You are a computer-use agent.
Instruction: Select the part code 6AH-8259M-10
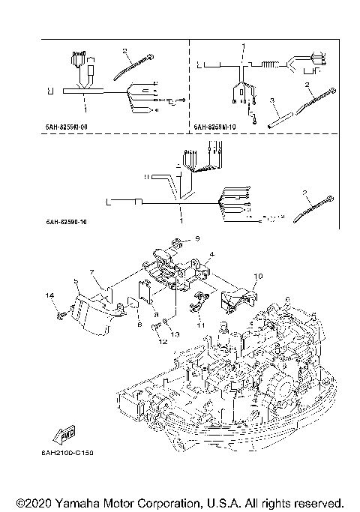[x=216, y=127]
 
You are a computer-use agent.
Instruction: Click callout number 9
[x=198, y=238]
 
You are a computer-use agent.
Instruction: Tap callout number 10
[x=258, y=277]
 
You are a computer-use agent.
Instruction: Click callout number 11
[x=201, y=326]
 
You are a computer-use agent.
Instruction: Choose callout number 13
[x=178, y=335]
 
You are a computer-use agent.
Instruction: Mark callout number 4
[x=212, y=255]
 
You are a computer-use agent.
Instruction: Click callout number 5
[x=76, y=282]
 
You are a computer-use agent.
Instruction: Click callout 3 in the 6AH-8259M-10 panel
[x=273, y=99]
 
